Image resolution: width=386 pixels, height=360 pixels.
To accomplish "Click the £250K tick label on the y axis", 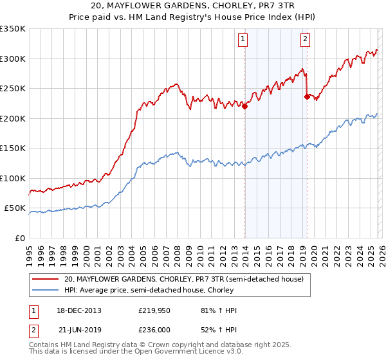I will [13, 88].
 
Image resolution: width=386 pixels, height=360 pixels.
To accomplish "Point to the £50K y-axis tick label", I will [15, 208].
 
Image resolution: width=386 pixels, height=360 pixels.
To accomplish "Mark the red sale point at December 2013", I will [244, 107].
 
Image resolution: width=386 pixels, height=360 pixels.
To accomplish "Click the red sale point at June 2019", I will [307, 97].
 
